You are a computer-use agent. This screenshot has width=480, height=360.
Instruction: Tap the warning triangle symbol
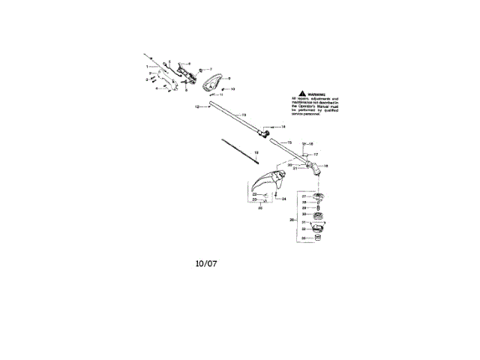[295, 95]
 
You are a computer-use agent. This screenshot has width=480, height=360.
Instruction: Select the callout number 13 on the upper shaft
[244, 114]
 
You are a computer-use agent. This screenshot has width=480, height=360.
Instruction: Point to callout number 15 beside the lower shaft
[289, 142]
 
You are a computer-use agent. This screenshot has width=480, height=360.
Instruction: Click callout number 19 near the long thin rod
[256, 153]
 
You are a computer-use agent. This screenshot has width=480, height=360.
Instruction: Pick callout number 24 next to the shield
[284, 199]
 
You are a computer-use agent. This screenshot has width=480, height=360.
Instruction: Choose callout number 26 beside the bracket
[291, 220]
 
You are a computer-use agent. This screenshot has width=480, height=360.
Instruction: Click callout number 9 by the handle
[229, 78]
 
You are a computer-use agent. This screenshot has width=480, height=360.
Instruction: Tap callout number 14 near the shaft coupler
[283, 127]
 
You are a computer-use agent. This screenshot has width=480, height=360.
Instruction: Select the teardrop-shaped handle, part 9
[212, 80]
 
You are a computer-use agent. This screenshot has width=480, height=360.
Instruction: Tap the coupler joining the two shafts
[265, 134]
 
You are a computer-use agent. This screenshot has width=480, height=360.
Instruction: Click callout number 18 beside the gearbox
[325, 166]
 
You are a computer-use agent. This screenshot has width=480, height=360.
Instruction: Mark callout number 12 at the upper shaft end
[196, 107]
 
